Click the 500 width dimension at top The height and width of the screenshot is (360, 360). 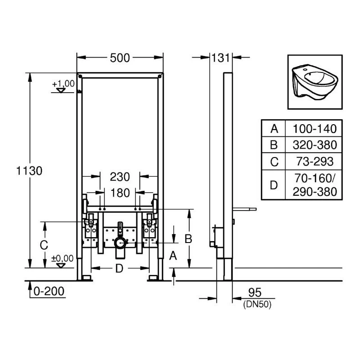click(120, 58)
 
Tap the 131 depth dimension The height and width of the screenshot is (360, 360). click(220, 58)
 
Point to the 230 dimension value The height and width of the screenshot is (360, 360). click(120, 176)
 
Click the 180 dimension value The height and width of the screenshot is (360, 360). click(120, 193)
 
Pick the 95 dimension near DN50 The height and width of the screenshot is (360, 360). click(255, 293)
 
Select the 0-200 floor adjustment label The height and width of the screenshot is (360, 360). click(49, 292)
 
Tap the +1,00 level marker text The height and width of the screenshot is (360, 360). click(63, 84)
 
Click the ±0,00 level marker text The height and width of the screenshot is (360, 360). click(62, 258)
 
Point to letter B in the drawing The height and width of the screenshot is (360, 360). click(189, 238)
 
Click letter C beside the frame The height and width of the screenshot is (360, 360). click(44, 246)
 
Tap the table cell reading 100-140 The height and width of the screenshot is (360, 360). click(315, 129)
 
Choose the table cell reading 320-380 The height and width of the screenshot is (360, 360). click(315, 145)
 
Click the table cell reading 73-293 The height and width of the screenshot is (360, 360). click(315, 161)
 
